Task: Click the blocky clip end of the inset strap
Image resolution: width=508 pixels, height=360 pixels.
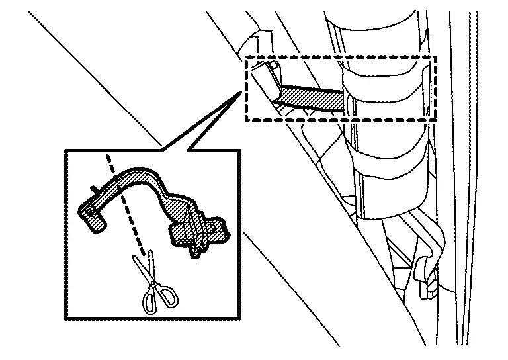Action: click(198, 228)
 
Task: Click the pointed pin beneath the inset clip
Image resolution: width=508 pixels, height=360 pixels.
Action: click(195, 252)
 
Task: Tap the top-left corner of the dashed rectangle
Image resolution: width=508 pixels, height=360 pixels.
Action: click(247, 58)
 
